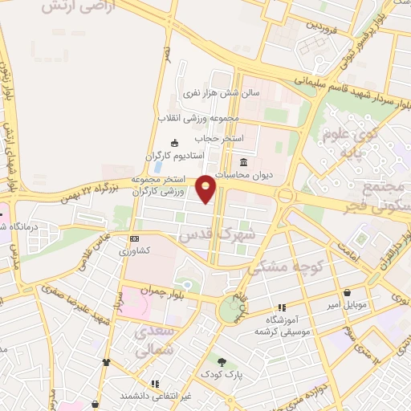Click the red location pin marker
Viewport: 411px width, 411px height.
coord(206,189)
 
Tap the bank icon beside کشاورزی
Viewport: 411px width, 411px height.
coord(134,238)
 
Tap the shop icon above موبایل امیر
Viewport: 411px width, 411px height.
coord(347,293)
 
